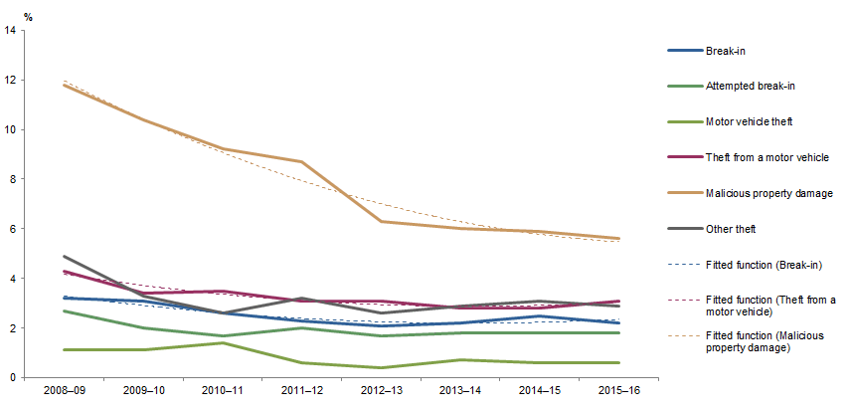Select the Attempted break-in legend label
pos(750,87)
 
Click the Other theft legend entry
pos(732,229)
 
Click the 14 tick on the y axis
pos(10,31)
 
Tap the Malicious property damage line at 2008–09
pos(65,85)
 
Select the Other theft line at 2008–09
pos(65,257)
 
